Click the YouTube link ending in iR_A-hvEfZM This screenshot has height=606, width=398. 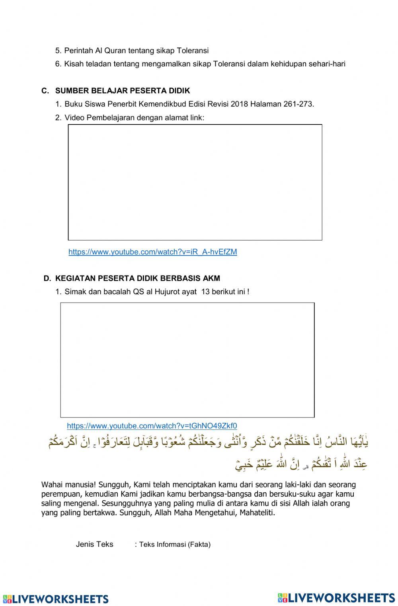(x=152, y=252)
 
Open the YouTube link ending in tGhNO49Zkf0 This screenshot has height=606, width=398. (x=152, y=426)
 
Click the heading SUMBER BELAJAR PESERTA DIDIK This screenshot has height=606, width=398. (x=123, y=91)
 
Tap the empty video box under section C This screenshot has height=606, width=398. (x=195, y=182)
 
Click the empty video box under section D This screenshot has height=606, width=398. (x=187, y=360)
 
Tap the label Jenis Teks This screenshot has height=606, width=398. (x=94, y=544)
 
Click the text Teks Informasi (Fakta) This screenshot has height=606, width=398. (x=175, y=545)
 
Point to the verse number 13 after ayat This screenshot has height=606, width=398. (x=205, y=291)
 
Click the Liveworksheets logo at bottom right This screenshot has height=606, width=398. (x=336, y=598)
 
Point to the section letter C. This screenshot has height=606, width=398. (x=45, y=91)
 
